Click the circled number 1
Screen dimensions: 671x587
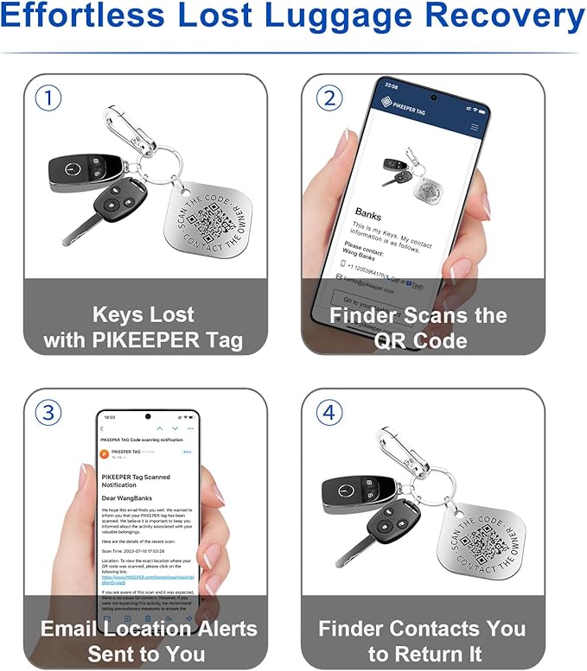pos(48,98)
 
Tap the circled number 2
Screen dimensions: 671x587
pos(328,98)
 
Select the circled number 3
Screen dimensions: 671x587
pos(48,413)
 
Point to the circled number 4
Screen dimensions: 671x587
pos(328,413)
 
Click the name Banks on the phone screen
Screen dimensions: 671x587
pos(369,212)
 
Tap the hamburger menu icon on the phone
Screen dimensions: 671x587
pos(474,126)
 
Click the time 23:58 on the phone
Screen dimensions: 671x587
pos(391,86)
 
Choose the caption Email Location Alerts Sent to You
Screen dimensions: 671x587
pos(144,641)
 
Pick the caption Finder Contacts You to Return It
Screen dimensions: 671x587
pos(423,641)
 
